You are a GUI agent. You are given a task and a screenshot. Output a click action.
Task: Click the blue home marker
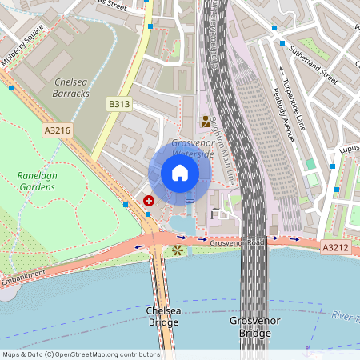[179, 172]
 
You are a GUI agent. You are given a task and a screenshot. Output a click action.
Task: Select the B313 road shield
[119, 104]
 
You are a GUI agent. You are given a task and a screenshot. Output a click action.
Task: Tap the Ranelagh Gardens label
[36, 181]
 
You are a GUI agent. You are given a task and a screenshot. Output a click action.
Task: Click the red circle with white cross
[149, 200]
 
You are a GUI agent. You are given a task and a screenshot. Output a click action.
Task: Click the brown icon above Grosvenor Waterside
[206, 122]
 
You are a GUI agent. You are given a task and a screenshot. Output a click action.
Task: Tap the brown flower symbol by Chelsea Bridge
[177, 250]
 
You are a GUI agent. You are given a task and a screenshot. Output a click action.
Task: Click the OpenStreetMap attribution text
[81, 354]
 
